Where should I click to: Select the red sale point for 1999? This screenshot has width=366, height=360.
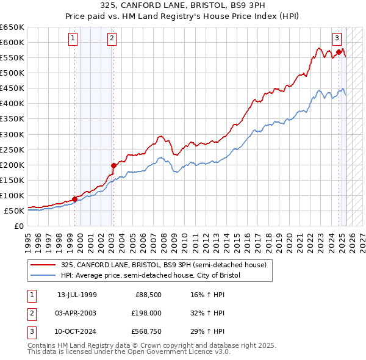point(74,198)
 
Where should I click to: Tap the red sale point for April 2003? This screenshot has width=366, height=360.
point(113,165)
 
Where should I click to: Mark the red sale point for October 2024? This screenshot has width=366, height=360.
point(339,52)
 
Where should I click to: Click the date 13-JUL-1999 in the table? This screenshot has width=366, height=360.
point(77,295)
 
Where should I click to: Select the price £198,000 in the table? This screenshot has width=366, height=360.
point(145,314)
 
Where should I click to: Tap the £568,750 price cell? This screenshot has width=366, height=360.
point(145,333)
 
